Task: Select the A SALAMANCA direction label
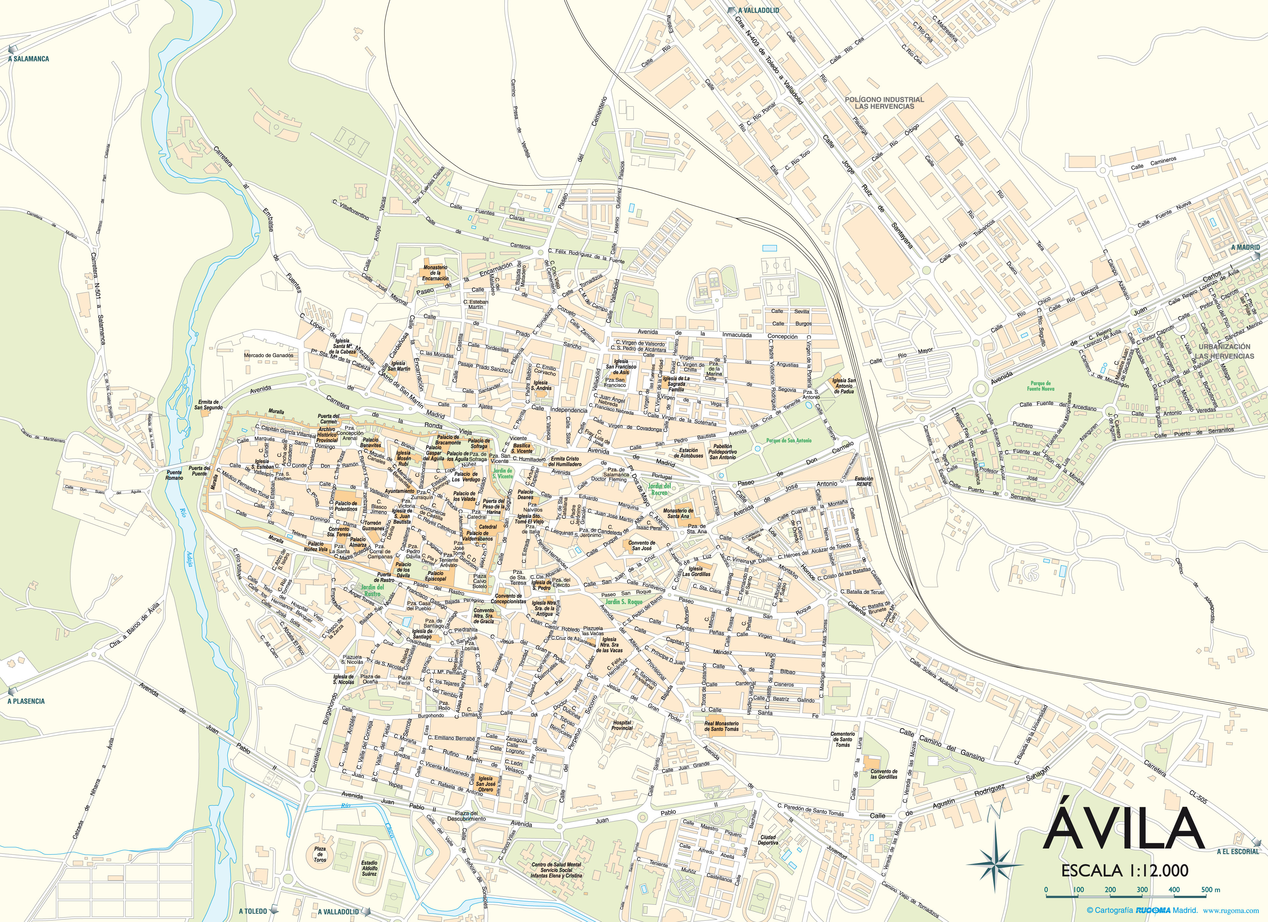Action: coord(29,59)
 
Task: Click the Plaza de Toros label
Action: coord(320,854)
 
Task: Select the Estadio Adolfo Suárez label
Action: coord(369,868)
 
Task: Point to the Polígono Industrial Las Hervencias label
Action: coord(884,103)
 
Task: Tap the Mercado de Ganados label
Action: coord(268,355)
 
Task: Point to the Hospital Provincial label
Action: coord(622,725)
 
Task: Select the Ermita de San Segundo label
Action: coord(209,405)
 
